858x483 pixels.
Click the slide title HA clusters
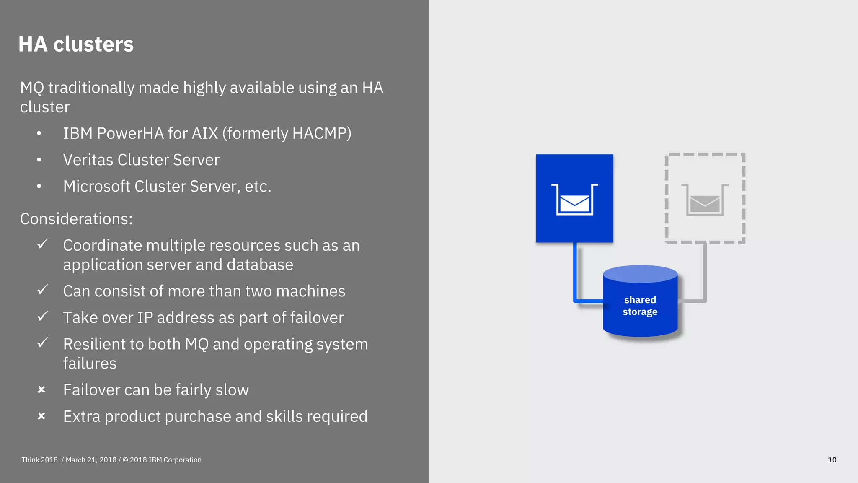tap(76, 44)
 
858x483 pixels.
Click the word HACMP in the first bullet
tap(319, 133)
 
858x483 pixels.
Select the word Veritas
tap(88, 160)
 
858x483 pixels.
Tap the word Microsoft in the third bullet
tap(96, 186)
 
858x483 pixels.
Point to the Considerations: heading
tap(76, 219)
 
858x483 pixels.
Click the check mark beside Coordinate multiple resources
tap(42, 244)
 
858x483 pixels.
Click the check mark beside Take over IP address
tap(42, 316)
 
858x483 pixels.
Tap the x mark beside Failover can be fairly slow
tap(41, 390)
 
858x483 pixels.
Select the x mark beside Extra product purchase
tap(41, 416)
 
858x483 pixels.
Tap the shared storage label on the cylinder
tap(640, 306)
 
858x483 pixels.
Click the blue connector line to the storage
tap(575, 273)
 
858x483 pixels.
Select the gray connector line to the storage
tap(705, 273)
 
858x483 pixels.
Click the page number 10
tap(832, 460)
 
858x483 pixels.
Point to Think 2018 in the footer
tap(39, 460)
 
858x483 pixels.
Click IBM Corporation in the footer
tap(175, 460)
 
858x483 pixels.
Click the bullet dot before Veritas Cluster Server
tap(39, 160)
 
